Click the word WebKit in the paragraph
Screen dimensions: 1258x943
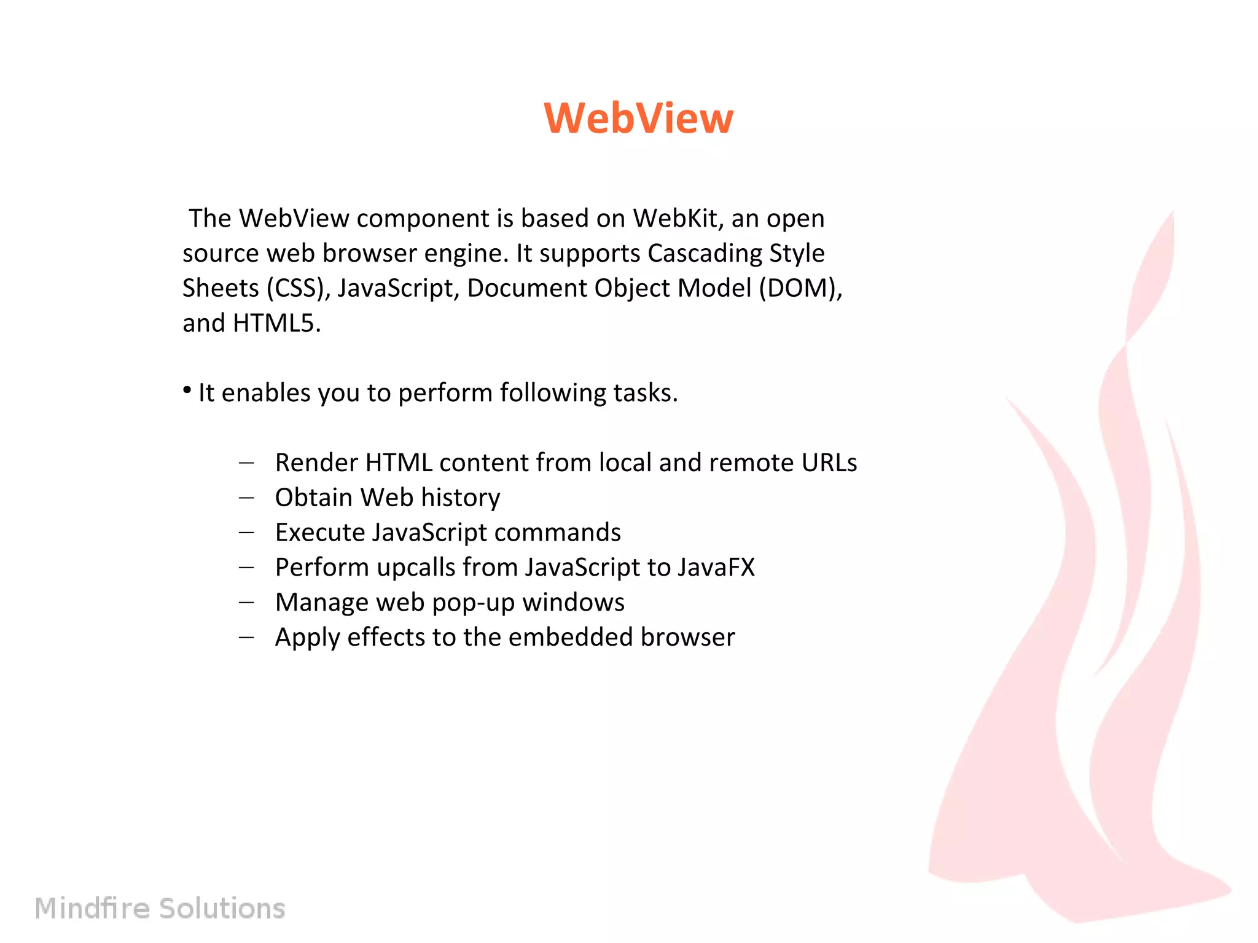674,218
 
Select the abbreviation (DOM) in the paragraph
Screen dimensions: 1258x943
800,288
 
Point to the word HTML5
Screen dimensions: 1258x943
276,323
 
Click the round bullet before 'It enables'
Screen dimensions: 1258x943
187,390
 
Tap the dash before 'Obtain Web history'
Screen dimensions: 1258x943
246,498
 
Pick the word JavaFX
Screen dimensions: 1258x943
716,567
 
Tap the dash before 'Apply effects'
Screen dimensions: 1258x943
246,637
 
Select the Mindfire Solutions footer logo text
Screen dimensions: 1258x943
160,908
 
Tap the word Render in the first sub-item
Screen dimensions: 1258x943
316,463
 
